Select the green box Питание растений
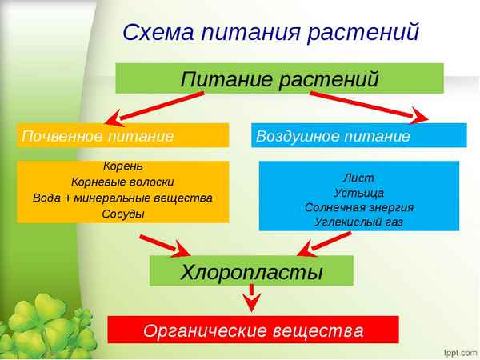tap(279, 79)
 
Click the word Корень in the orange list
tap(123, 167)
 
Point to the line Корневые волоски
tap(123, 182)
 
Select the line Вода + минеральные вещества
tap(123, 198)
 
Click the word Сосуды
tap(123, 214)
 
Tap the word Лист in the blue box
tap(358, 177)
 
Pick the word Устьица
tap(358, 192)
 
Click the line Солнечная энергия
tap(358, 206)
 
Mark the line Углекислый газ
tap(358, 222)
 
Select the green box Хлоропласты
tap(251, 271)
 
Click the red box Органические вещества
tap(253, 330)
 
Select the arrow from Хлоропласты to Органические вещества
tap(252, 300)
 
